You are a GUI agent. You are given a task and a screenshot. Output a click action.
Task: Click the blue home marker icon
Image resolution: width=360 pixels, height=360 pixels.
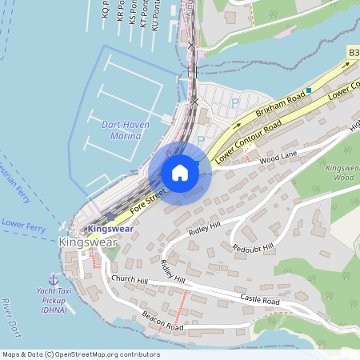pos(180,173)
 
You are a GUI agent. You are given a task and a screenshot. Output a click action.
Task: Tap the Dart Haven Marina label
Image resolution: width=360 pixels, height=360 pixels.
pos(122,130)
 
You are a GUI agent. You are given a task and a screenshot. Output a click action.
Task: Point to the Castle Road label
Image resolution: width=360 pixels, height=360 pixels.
pos(260,298)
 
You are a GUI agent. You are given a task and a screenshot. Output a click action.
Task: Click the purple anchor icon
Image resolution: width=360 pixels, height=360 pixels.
pos(54,279)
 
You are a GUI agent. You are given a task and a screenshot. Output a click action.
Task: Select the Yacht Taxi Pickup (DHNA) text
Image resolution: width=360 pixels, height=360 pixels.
pos(54,301)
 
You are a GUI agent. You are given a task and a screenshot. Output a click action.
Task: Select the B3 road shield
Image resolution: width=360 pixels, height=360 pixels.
pos(353,52)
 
